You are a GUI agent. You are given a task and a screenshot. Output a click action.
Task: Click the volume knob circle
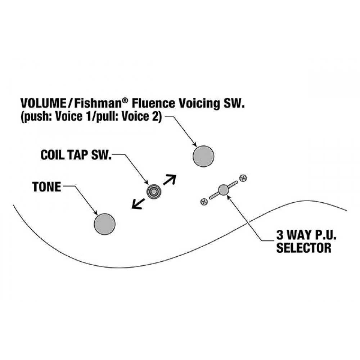coord(203,156)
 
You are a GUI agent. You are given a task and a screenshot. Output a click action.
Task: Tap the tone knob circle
coord(105,224)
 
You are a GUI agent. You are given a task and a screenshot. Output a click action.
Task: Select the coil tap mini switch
coord(154,191)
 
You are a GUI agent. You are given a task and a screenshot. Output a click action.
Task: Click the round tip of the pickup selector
coord(224,190)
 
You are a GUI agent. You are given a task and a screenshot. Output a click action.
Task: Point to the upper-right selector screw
coord(243,178)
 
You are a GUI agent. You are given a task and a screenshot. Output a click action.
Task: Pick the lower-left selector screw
coord(204,202)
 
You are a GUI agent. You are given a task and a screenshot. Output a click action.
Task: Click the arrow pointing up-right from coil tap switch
coord(170,180)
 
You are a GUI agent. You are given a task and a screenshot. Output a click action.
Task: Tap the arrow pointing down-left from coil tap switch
coord(138,204)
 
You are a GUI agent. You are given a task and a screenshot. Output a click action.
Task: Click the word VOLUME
coord(43,103)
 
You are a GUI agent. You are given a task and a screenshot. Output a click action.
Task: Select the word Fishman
coord(98,103)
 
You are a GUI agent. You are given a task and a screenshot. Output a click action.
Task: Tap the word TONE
coord(47,187)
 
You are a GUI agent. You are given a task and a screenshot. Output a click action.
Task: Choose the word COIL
coord(53,155)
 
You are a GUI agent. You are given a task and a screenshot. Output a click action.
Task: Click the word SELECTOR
coord(304,248)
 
